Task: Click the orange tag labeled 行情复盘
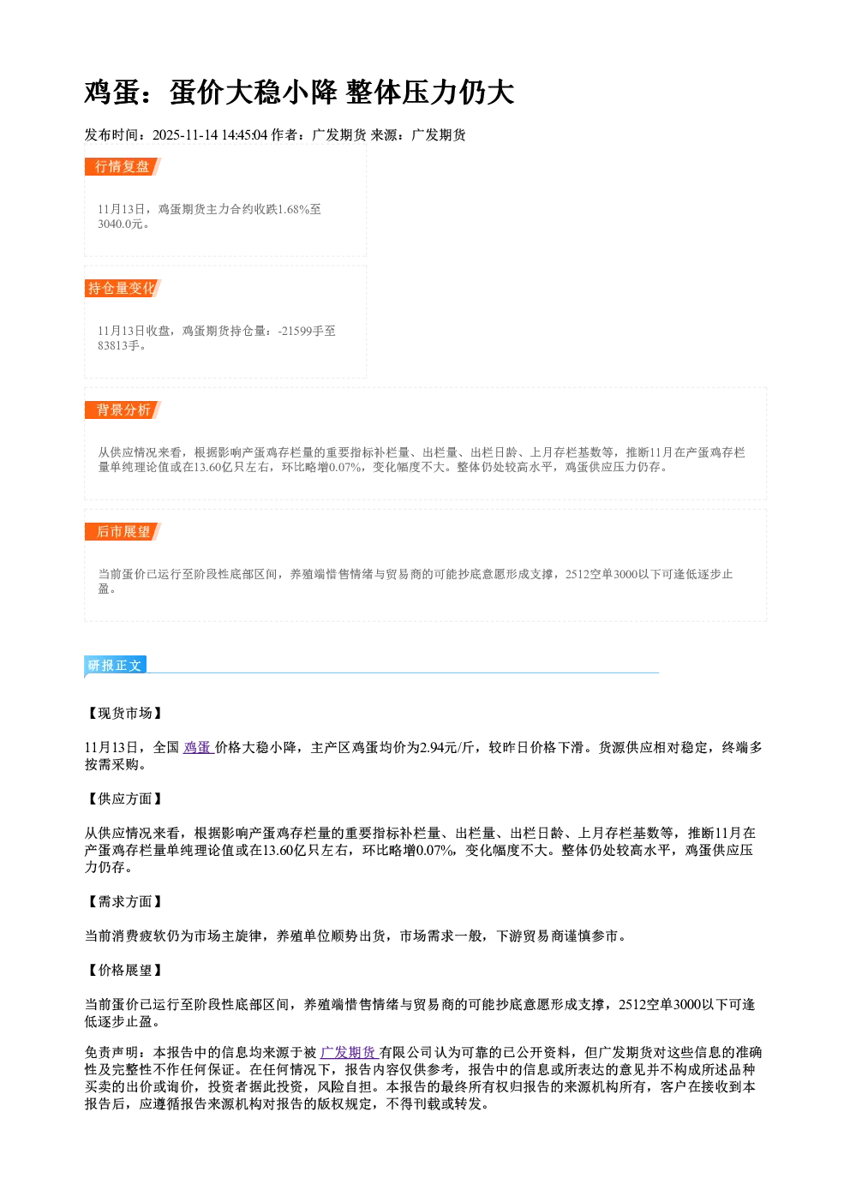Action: coord(123,166)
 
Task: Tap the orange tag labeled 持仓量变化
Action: coord(123,288)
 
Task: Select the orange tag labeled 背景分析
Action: coord(123,410)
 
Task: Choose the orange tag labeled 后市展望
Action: coord(123,532)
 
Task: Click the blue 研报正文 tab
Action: coord(115,666)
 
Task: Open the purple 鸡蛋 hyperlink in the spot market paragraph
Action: coord(199,747)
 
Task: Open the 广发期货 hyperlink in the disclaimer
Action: coord(350,1052)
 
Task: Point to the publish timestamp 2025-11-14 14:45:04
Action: coord(210,135)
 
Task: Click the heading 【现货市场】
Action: coord(124,713)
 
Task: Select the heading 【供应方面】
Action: coord(124,799)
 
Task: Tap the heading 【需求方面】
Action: coord(124,901)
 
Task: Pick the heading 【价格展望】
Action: coord(124,970)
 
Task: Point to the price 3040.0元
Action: coord(121,224)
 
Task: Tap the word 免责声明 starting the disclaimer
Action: coord(111,1052)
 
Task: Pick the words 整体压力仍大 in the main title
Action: coord(430,93)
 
